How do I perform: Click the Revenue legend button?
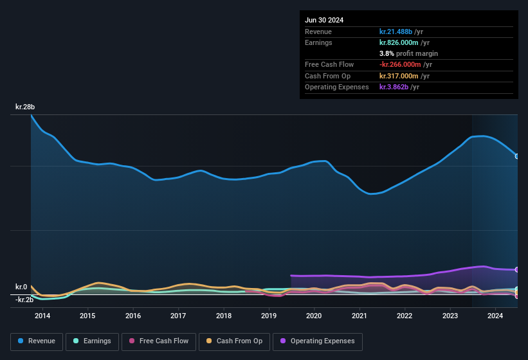click(37, 341)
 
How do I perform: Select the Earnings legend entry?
click(92, 341)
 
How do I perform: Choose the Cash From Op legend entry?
click(234, 341)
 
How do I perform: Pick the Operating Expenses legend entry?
click(317, 341)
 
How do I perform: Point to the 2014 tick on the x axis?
click(42, 316)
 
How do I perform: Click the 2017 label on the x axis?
click(178, 316)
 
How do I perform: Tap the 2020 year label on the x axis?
click(314, 316)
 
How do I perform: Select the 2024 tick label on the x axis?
click(495, 316)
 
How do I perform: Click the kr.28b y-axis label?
click(26, 107)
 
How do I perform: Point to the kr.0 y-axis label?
click(21, 287)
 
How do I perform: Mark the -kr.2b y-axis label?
click(24, 300)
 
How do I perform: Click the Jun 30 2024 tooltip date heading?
click(324, 20)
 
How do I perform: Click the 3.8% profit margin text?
click(408, 54)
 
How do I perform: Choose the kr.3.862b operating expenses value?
click(394, 87)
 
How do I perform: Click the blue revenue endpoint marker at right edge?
click(517, 156)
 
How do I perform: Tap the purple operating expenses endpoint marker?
click(517, 270)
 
